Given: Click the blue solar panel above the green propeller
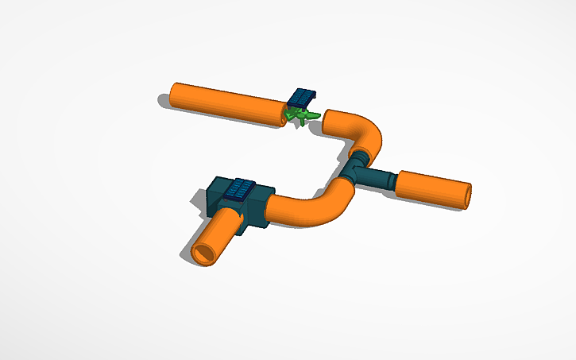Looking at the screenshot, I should coord(301,97).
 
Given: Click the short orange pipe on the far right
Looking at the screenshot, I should coord(433,189).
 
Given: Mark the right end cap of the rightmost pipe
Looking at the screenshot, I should coord(467,195).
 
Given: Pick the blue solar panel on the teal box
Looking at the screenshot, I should coord(240,189).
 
